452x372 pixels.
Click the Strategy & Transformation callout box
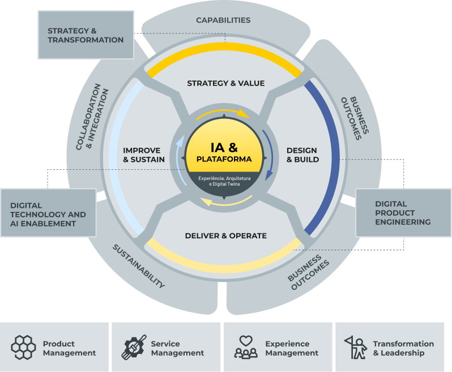pos(86,35)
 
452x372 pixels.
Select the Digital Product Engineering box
pos(403,213)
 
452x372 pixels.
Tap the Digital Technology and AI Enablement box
pos(48,215)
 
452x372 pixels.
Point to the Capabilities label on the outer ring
pos(223,20)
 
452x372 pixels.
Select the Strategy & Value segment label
pos(225,83)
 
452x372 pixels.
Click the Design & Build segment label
pos(302,155)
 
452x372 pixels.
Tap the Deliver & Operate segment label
pos(225,236)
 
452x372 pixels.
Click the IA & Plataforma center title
pos(224,152)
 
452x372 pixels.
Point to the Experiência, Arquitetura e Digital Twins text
pos(224,181)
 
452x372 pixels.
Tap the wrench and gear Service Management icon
pos(134,348)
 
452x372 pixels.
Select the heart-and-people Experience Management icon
pos(246,348)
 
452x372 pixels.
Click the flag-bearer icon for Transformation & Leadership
pos(356,348)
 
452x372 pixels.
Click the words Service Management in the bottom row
pos(177,348)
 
